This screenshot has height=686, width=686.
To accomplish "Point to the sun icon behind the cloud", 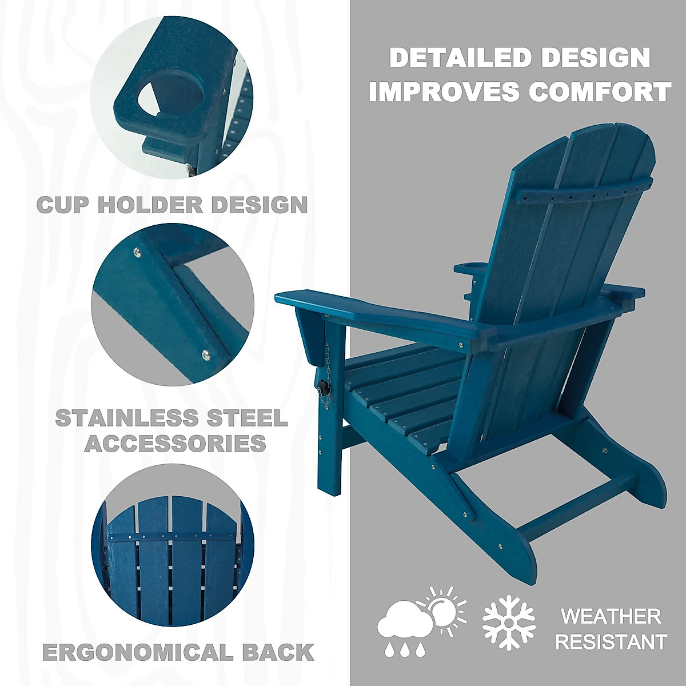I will tap(442, 611).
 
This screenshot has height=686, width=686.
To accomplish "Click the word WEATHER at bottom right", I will tap(611, 616).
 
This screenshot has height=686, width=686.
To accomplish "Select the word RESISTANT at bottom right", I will tap(611, 641).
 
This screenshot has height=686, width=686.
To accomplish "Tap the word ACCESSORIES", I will tap(176, 443).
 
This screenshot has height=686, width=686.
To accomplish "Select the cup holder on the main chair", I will tap(468, 268).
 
